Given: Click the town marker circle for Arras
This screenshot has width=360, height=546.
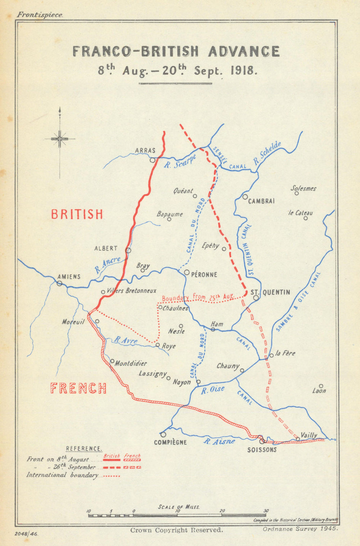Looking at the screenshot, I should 153,160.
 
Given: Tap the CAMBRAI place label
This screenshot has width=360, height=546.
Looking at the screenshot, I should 261,201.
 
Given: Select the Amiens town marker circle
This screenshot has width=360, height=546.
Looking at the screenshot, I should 59,283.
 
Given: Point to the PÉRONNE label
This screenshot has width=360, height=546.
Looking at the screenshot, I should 204,274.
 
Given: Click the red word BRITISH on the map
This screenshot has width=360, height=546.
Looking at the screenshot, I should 77,214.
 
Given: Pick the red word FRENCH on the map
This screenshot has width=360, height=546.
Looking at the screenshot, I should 78,388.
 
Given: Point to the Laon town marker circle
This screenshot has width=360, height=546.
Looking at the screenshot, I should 321,386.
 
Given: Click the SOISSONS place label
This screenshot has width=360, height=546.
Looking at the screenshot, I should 262,450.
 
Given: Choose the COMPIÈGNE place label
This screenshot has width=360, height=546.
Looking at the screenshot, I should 170,442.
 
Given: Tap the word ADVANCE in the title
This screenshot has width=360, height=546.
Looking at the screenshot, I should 243,51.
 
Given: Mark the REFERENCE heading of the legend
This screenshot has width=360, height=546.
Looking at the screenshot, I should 84,449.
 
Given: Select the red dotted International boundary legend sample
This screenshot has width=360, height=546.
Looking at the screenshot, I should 111,476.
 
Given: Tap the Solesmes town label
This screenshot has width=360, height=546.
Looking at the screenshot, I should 303,188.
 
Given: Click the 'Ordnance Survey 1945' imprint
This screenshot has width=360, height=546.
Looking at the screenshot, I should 300,529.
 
